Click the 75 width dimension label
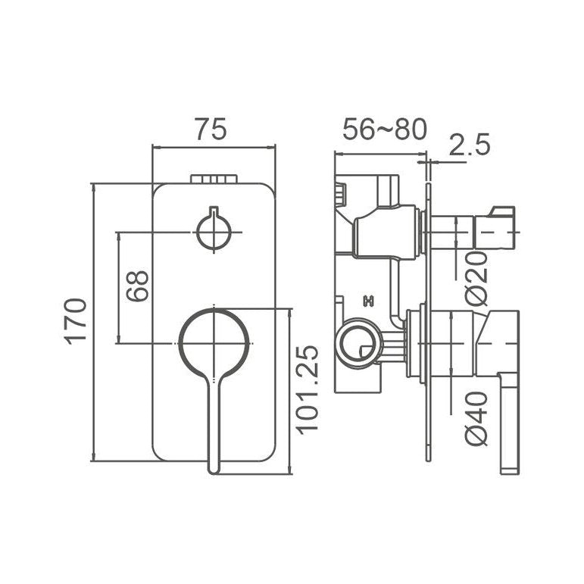[211, 129]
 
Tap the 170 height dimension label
[76, 321]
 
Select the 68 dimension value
[137, 286]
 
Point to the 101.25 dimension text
[308, 390]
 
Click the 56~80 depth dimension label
[384, 129]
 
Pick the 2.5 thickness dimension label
[470, 145]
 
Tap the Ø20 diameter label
[476, 278]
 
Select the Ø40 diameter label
[476, 418]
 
